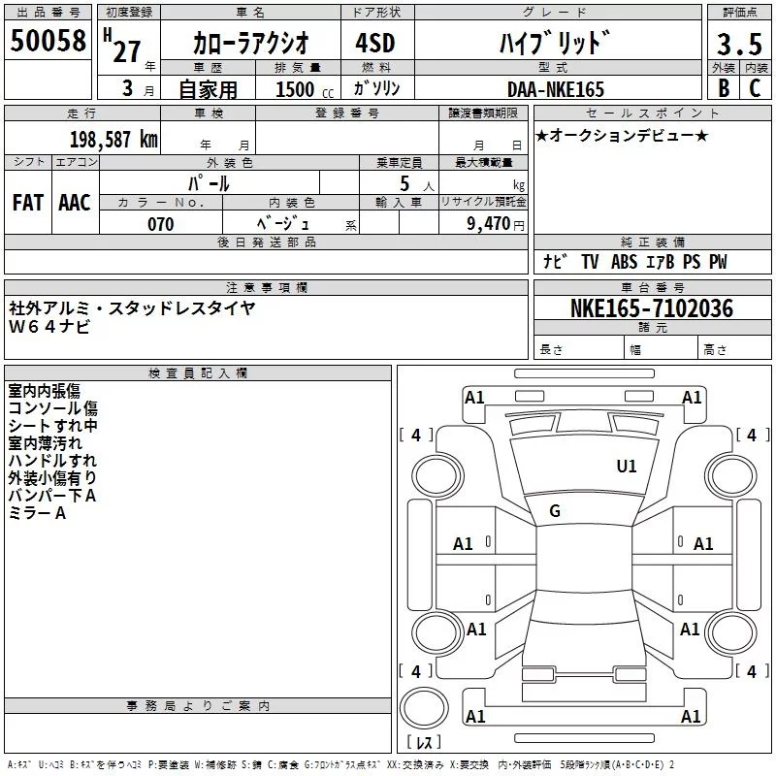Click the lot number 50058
point(48,41)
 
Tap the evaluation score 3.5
point(738,45)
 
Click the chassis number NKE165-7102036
point(651,309)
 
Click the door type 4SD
point(368,45)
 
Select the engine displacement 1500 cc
point(295,89)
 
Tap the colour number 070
point(161,224)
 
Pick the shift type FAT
point(27,203)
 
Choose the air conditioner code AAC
point(74,203)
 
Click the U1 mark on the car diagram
point(627,467)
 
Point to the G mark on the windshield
point(555,511)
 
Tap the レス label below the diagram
point(424,744)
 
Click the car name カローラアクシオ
point(250,45)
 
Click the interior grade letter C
point(755,89)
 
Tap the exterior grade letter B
point(723,89)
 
